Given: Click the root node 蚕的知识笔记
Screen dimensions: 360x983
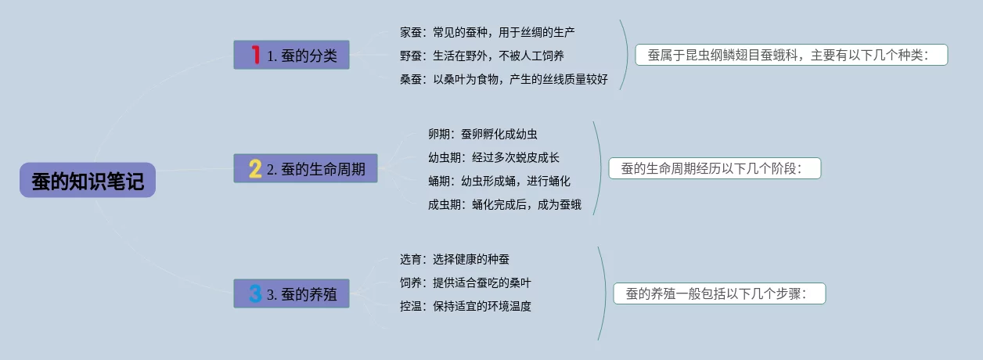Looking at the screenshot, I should [88, 180].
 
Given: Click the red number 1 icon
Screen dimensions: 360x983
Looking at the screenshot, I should [255, 55].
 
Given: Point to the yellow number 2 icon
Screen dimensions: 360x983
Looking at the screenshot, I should [255, 169].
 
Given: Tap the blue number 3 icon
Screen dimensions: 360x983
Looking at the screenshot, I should [255, 294].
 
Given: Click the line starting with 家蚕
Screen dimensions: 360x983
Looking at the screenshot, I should [488, 32].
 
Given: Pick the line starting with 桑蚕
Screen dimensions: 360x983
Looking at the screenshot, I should [503, 79].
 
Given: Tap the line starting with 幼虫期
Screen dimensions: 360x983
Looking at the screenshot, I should [493, 157].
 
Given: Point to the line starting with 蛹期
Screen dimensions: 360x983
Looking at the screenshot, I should [499, 181].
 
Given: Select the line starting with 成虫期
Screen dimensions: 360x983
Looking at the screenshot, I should [504, 204].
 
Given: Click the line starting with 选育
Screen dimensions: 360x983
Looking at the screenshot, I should [454, 259].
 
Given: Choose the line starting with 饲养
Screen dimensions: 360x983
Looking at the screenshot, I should [465, 283].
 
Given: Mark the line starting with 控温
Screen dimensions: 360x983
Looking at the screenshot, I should [465, 306].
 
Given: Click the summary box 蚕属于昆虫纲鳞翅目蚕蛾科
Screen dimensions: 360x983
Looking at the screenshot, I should [790, 55].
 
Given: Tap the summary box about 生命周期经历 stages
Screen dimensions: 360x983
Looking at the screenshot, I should [715, 168].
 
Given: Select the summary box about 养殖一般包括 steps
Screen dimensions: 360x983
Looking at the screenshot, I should [718, 294].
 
